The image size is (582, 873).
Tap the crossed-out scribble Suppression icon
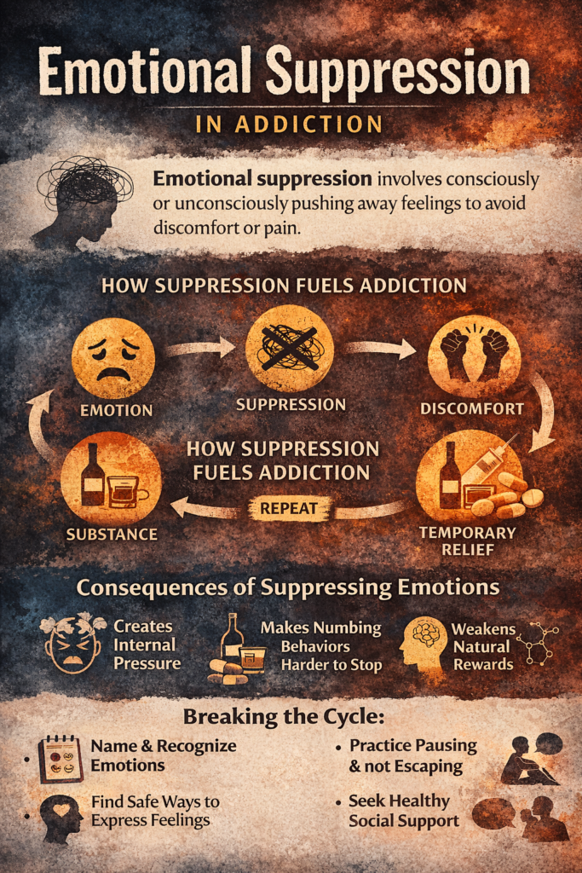[x=290, y=349]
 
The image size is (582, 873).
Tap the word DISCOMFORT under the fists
[x=472, y=408]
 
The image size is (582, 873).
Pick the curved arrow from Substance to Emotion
[x=40, y=426]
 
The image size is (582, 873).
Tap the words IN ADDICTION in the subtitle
[x=289, y=124]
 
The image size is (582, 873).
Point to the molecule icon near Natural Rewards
[x=540, y=644]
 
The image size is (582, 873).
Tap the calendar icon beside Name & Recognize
[x=61, y=758]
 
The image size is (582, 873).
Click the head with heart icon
[x=61, y=817]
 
